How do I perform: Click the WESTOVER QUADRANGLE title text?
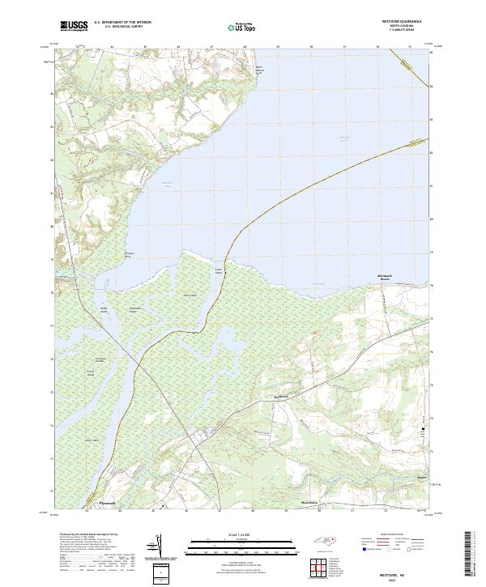click(x=399, y=21)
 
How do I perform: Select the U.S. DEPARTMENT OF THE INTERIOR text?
click(x=122, y=23)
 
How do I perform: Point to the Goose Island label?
click(x=218, y=271)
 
